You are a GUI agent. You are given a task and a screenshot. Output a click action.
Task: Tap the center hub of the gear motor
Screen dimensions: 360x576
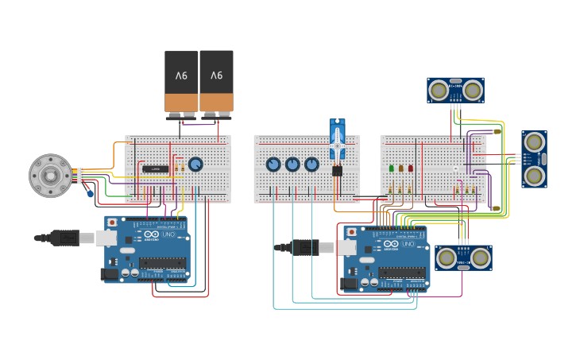pyautogui.click(x=50, y=176)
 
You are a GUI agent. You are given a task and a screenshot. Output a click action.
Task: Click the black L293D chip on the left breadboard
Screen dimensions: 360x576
pyautogui.click(x=153, y=168)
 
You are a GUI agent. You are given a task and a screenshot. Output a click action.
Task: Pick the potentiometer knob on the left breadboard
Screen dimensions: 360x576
pyautogui.click(x=195, y=165)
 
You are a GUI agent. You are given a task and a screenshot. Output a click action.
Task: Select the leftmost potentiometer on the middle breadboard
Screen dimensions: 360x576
pyautogui.click(x=273, y=165)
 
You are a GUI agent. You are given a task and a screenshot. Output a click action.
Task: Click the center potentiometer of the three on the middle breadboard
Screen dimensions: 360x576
pyautogui.click(x=292, y=165)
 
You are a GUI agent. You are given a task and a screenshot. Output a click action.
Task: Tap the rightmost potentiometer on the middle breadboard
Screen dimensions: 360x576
pyautogui.click(x=311, y=165)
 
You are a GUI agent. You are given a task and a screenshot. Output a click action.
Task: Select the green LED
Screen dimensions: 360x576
pyautogui.click(x=392, y=168)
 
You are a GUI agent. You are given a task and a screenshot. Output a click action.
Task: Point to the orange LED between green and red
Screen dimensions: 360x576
pyautogui.click(x=401, y=168)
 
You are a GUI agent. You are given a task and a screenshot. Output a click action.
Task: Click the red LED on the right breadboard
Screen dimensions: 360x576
pyautogui.click(x=410, y=168)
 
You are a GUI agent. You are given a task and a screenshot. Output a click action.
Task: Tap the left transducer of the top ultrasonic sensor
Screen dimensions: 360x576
pyautogui.click(x=438, y=91)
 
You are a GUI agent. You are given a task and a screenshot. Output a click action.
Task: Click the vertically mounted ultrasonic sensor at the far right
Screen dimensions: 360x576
pyautogui.click(x=534, y=159)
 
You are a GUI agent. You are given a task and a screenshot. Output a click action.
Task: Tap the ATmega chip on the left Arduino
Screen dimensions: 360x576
pyautogui.click(x=162, y=262)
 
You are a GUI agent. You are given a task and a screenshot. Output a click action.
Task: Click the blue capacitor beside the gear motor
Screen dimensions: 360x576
pyautogui.click(x=90, y=193)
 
